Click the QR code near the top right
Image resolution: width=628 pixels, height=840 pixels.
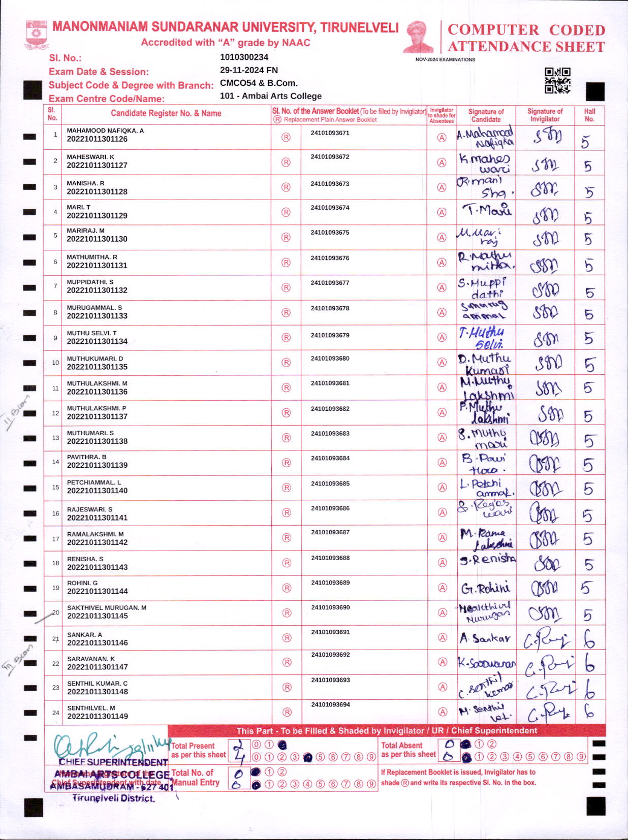point(557,80)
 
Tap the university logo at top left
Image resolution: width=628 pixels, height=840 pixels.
point(36,34)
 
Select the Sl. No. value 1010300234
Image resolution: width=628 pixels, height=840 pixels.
point(244,57)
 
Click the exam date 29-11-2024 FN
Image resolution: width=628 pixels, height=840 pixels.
point(248,70)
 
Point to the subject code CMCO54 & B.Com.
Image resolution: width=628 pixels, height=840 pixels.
point(258,83)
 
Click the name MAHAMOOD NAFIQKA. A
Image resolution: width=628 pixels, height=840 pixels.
point(105,131)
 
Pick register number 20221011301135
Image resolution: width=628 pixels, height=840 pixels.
point(97,367)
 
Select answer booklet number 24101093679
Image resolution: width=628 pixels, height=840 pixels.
point(330,335)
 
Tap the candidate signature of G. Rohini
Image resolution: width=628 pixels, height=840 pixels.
point(485,588)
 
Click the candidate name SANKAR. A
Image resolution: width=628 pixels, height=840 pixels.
point(84,634)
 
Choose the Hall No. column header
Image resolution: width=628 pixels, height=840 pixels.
point(589,115)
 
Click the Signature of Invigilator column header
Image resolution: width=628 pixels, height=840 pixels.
point(545,115)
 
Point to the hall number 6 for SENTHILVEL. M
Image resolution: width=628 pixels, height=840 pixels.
point(589,712)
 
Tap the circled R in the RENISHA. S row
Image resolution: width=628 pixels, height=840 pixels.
point(286,563)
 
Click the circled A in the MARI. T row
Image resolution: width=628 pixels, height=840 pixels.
point(442,212)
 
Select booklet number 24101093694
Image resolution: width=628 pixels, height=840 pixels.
point(330,704)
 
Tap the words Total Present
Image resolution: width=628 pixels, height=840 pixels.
point(193,746)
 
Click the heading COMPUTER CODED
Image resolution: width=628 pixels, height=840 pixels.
point(526,30)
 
